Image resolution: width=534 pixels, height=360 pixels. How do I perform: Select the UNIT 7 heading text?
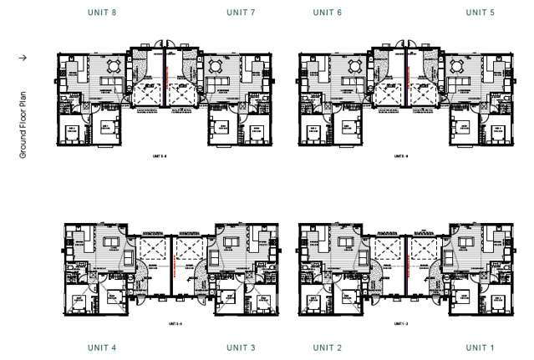241,13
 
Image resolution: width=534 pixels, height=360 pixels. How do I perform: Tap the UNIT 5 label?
480,13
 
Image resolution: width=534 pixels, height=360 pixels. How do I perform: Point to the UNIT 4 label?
101,347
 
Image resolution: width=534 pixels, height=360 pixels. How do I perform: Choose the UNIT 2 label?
328,347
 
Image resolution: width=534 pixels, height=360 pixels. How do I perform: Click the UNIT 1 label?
480,347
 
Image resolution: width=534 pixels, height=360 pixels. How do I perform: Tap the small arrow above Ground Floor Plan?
23,58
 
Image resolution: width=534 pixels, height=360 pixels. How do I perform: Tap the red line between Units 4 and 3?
172,266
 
